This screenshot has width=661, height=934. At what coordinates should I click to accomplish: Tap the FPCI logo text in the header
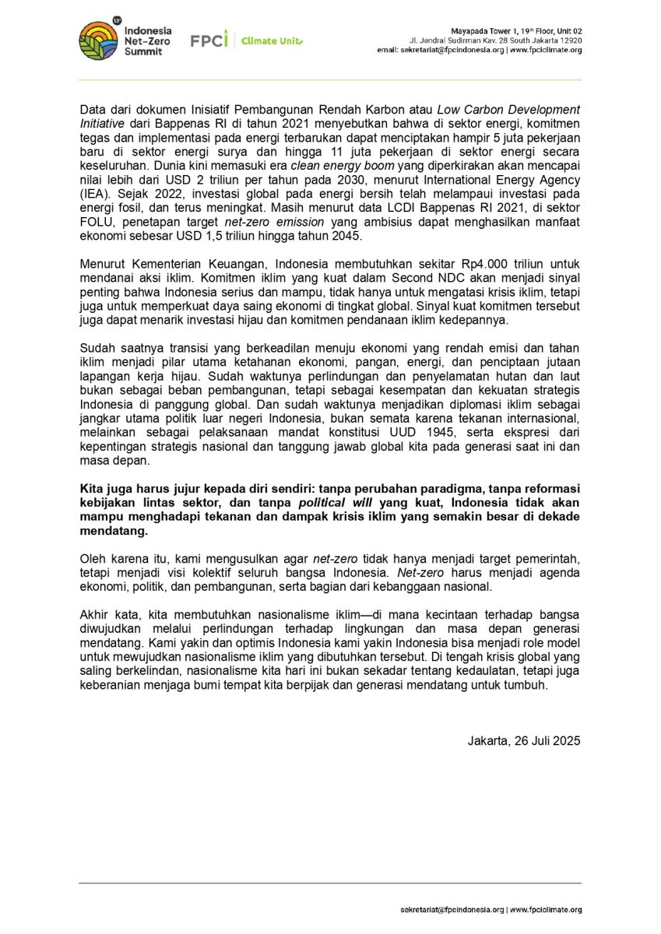[x=209, y=40]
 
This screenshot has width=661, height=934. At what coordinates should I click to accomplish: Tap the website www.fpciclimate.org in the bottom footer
[x=545, y=909]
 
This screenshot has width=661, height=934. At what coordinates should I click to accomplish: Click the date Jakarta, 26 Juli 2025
[x=524, y=741]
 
